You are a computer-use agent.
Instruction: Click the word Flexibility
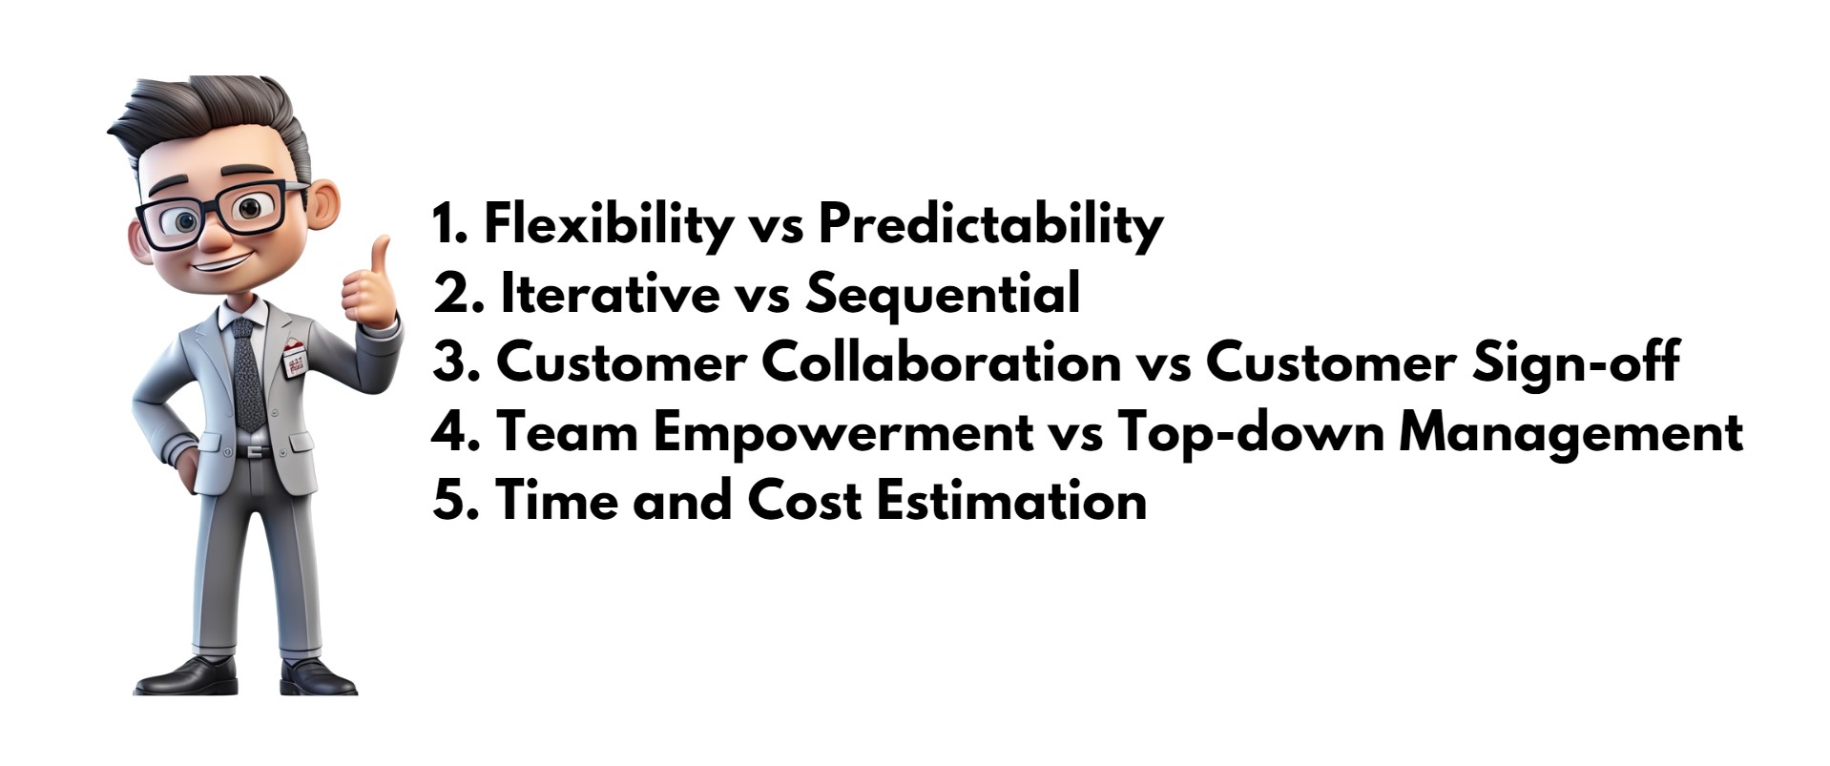pyautogui.click(x=608, y=225)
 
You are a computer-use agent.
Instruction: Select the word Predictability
pyautogui.click(x=990, y=225)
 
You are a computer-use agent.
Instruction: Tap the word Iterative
pyautogui.click(x=610, y=293)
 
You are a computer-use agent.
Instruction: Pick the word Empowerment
pyautogui.click(x=842, y=432)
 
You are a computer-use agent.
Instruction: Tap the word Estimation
pyautogui.click(x=1011, y=500)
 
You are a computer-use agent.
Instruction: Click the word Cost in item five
pyautogui.click(x=803, y=500)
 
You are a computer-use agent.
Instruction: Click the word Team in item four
pyautogui.click(x=567, y=432)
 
